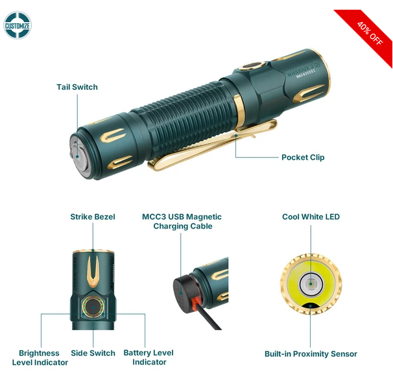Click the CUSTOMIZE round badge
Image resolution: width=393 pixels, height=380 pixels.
click(x=18, y=25)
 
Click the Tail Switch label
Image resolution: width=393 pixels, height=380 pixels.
click(x=77, y=87)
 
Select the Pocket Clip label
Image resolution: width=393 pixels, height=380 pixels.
click(x=303, y=157)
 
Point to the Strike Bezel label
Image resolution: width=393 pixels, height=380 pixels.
click(x=93, y=217)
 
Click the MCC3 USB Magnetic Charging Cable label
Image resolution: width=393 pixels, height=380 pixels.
click(x=182, y=221)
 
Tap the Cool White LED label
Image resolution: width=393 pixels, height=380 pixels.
click(x=311, y=217)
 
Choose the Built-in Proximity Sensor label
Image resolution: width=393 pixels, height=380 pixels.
click(x=311, y=353)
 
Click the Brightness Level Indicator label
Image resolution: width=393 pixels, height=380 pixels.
click(x=40, y=358)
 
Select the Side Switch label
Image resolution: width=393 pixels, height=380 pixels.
click(x=93, y=353)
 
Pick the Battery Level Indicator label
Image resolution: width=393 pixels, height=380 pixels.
click(x=149, y=357)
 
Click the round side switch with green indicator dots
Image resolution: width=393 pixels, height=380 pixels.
click(x=93, y=307)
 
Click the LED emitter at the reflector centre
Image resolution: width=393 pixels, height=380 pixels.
click(x=311, y=284)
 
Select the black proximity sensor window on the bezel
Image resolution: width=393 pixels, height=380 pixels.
click(x=310, y=306)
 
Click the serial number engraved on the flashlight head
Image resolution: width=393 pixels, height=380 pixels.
click(x=306, y=74)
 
